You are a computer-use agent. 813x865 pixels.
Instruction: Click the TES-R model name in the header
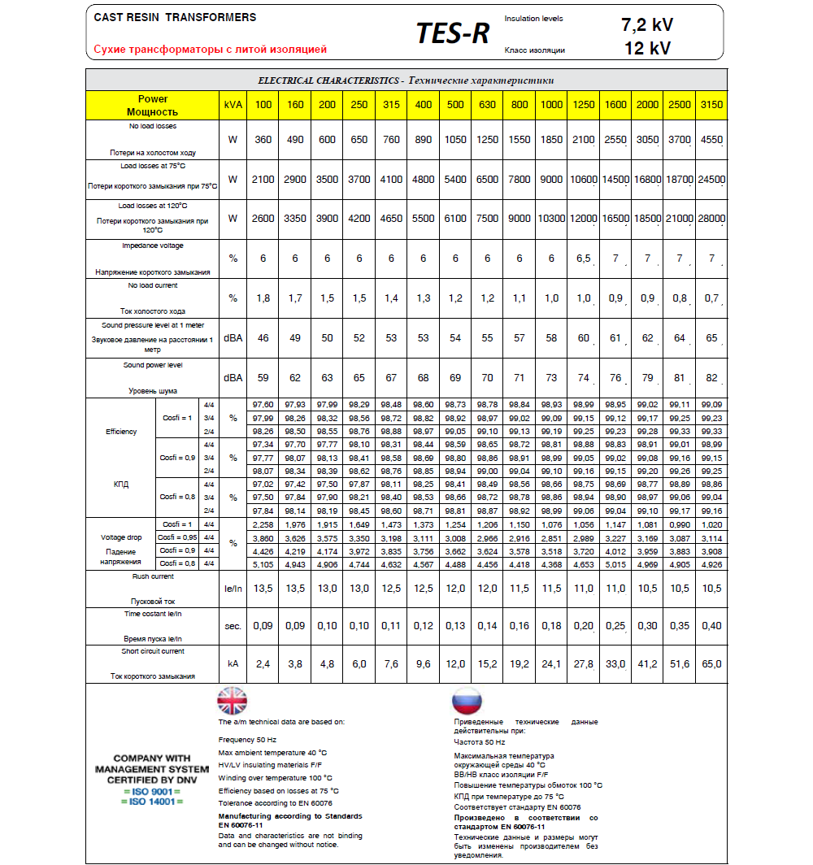452,33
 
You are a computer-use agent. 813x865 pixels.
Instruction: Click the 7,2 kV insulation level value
647,24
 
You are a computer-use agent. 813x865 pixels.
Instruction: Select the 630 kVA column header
488,105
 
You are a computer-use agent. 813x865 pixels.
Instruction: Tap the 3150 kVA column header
712,105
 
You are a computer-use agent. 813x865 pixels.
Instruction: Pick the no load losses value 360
263,140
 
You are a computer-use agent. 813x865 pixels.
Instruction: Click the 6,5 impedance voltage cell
584,259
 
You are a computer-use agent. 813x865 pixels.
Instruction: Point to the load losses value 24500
712,180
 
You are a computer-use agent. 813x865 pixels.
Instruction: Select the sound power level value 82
712,377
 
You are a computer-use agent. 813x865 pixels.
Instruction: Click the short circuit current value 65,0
712,664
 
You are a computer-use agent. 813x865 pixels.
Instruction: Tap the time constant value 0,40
712,626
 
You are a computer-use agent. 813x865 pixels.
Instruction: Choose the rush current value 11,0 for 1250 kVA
584,588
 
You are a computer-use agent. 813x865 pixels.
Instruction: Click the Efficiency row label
121,432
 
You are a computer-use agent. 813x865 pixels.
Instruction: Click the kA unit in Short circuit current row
233,664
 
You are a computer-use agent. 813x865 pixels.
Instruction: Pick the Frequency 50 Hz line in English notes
247,740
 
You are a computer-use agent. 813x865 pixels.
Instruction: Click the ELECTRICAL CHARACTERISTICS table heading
406,80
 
